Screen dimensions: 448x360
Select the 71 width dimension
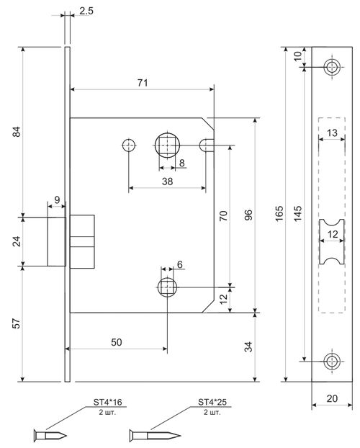click(142, 83)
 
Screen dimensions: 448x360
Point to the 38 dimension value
click(166, 183)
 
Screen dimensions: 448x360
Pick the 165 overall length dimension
click(279, 215)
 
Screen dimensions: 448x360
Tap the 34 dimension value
click(248, 348)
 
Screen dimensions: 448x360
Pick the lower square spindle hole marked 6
click(166, 287)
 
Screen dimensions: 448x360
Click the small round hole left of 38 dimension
click(129, 145)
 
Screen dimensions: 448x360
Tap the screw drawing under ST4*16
click(51, 435)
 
